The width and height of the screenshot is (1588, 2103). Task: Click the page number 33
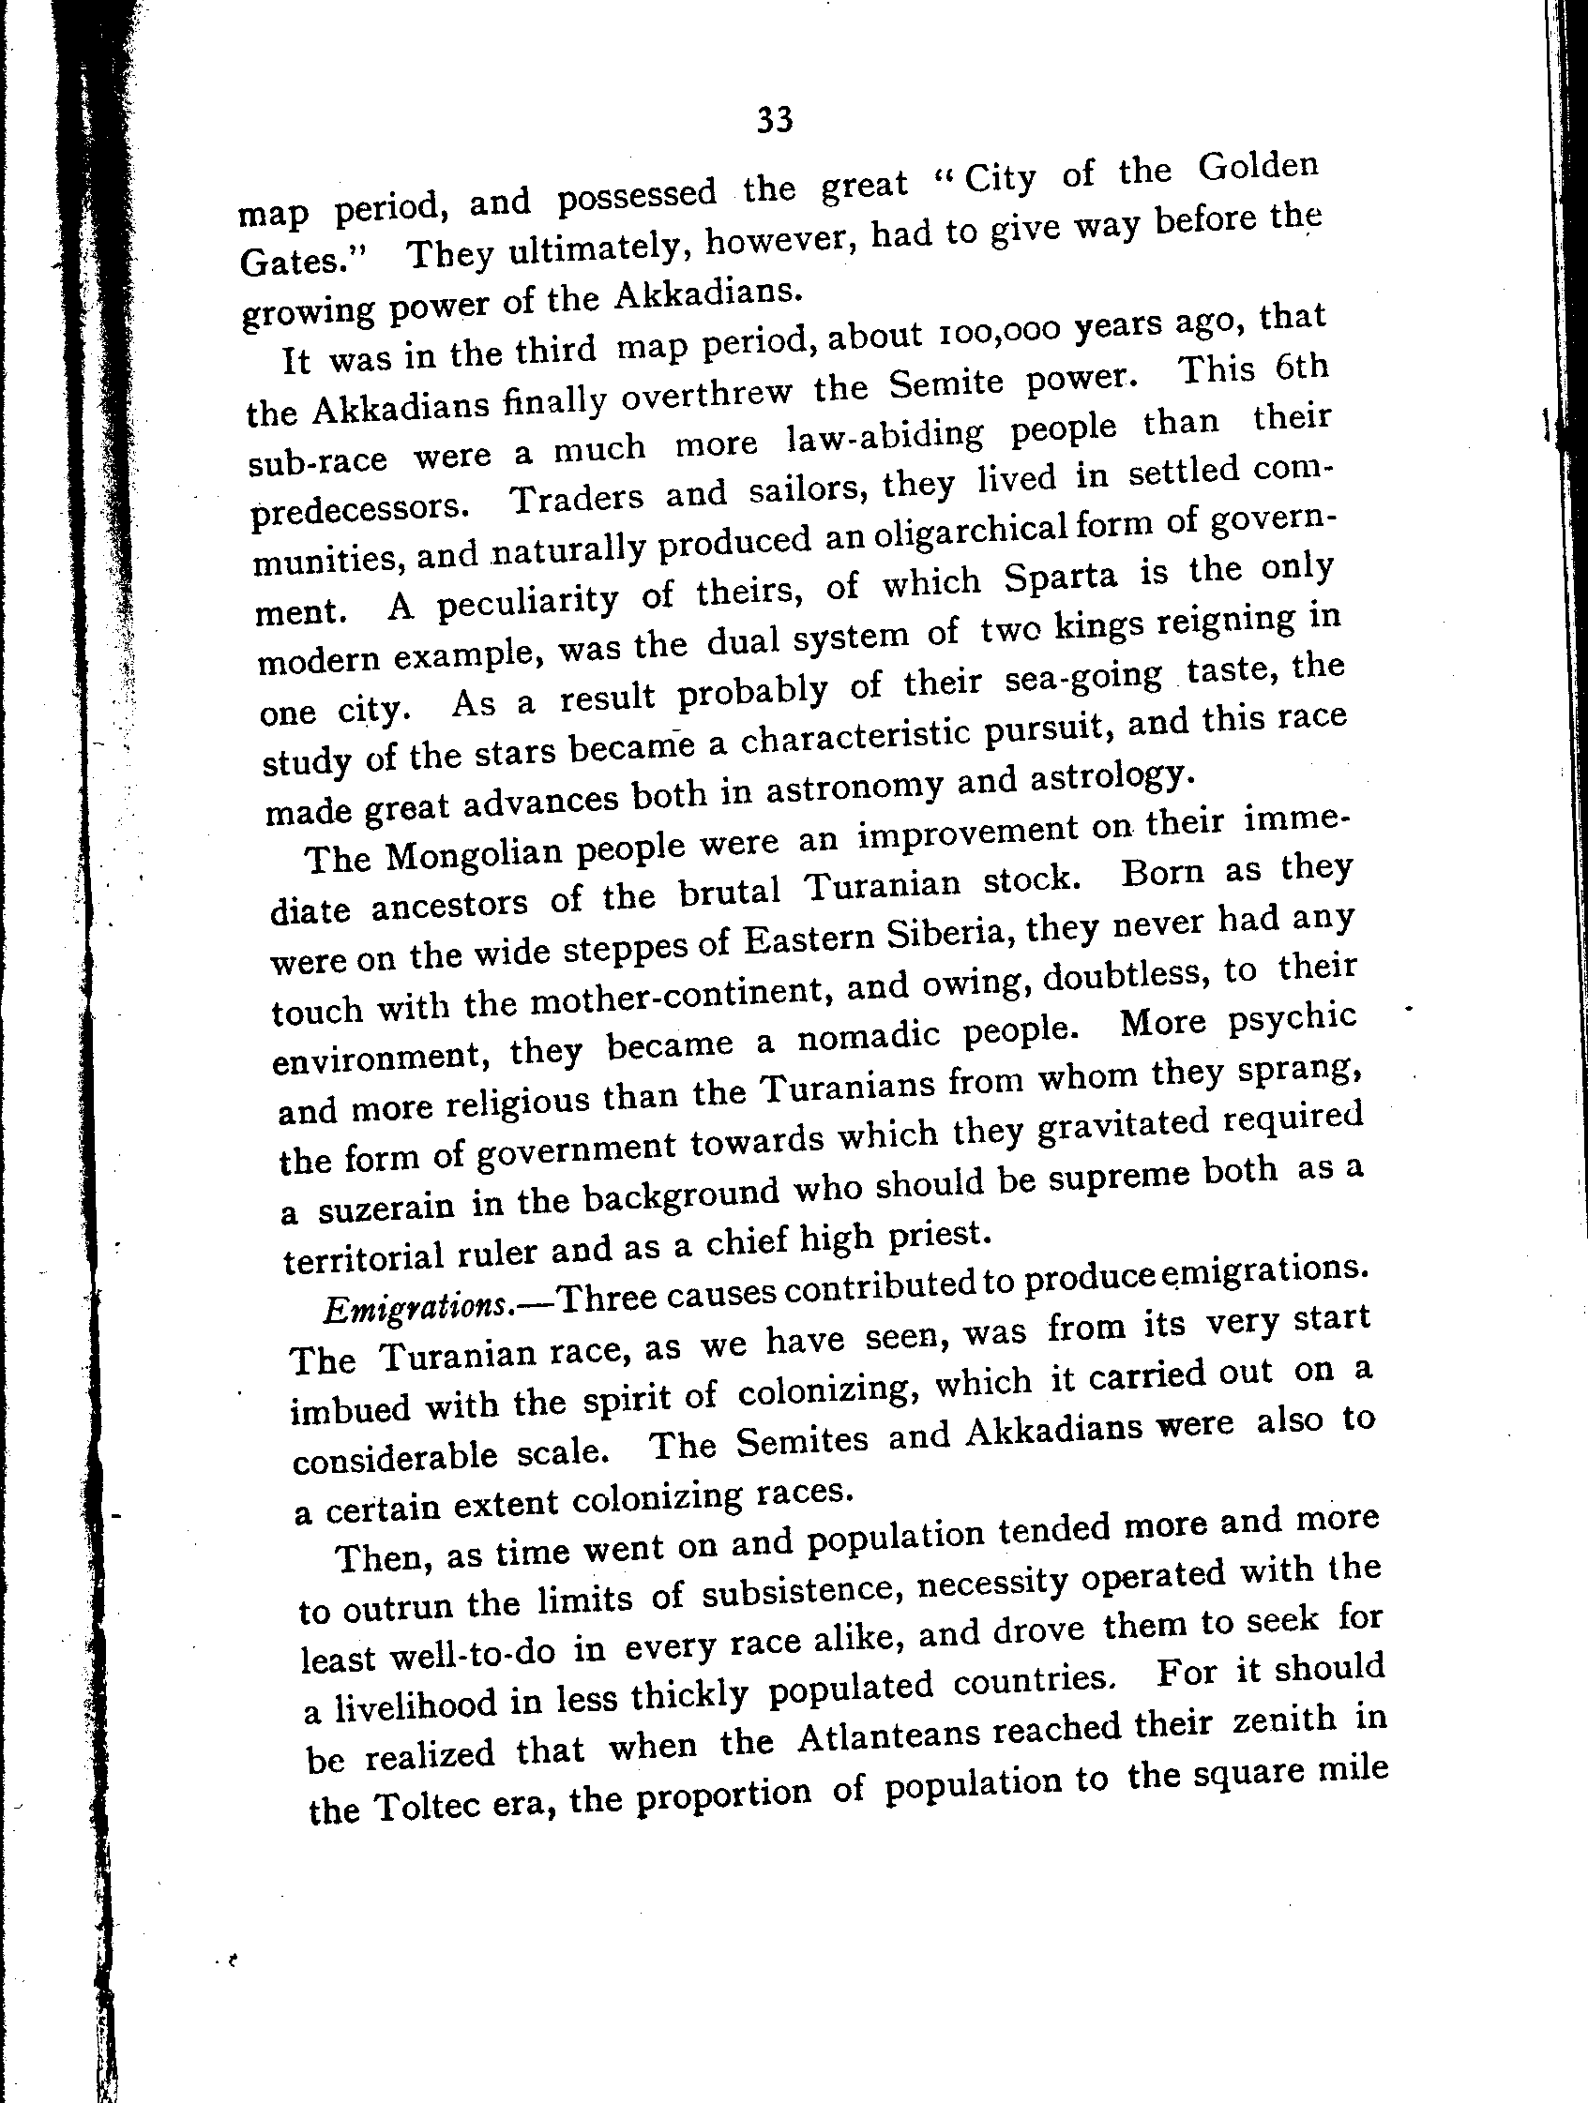coord(774,120)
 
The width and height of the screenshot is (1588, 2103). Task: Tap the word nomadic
coord(870,1035)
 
